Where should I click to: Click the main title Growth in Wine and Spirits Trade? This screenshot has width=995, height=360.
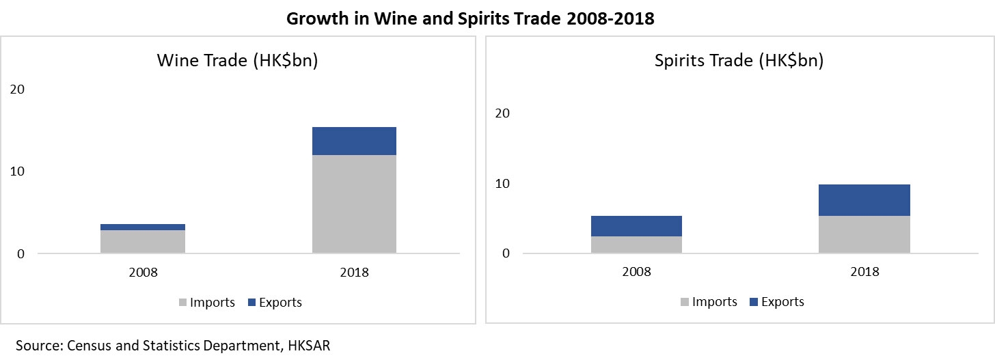(470, 18)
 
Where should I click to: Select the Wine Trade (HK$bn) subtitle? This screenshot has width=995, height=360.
(237, 60)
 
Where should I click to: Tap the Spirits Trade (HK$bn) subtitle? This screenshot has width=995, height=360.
(739, 60)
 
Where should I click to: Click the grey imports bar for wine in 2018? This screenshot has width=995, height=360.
(354, 204)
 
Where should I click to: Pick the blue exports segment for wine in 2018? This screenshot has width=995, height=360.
(354, 141)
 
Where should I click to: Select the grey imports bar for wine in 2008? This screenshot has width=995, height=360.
(143, 241)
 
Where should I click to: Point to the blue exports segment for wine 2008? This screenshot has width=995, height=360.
(143, 227)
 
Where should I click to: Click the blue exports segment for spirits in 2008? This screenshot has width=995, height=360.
(636, 226)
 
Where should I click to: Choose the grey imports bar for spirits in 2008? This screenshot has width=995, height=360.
(636, 245)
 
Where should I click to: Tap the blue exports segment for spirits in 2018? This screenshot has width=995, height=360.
(864, 200)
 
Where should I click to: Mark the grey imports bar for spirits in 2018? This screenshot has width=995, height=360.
(864, 234)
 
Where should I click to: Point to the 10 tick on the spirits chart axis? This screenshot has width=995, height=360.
(502, 184)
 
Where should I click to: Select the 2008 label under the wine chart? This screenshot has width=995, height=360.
(143, 272)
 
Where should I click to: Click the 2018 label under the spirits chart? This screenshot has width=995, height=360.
(864, 271)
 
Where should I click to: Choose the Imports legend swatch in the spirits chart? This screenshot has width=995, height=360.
(685, 302)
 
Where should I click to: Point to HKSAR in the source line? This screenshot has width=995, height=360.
(310, 346)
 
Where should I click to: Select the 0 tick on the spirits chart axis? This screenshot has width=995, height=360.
(506, 253)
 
